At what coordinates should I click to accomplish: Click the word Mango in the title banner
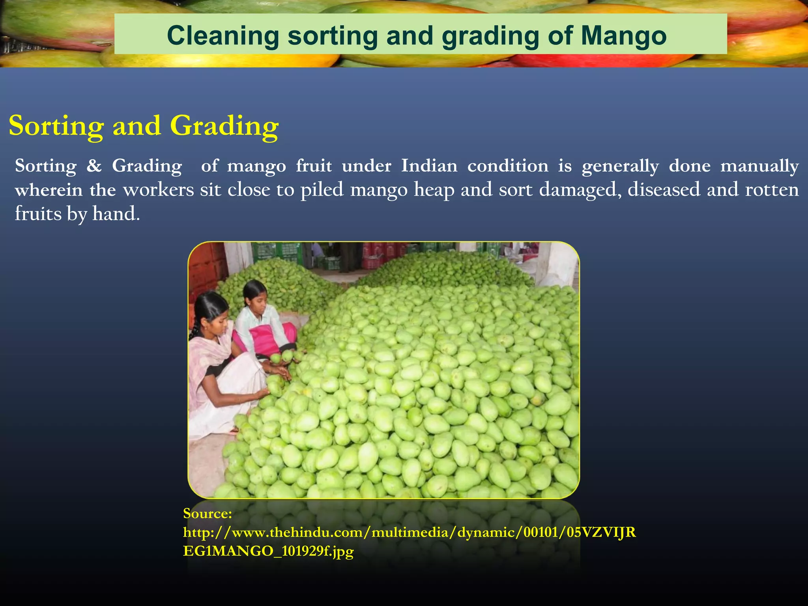(x=623, y=36)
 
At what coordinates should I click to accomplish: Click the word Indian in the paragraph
(x=429, y=166)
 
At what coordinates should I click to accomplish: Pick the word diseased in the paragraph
(x=662, y=190)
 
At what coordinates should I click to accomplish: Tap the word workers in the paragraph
(x=158, y=190)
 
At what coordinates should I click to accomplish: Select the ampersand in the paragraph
(x=94, y=166)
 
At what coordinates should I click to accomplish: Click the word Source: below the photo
(x=208, y=513)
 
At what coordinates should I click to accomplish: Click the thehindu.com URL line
(x=409, y=532)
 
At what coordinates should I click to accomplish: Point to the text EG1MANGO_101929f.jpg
(x=268, y=551)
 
